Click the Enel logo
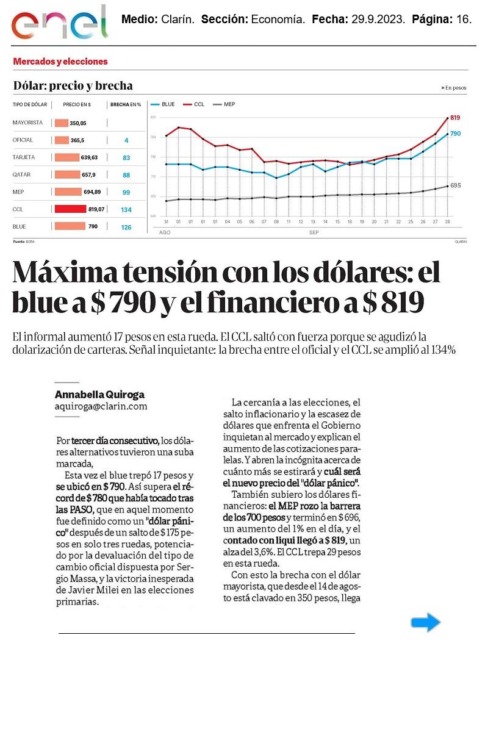pos(59,23)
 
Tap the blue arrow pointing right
pos(425,622)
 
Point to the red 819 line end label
pos(455,117)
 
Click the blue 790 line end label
pos(455,134)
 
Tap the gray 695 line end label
pos(455,185)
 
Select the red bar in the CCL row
pos(70,209)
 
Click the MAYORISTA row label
pos(27,123)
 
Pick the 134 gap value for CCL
pos(126,210)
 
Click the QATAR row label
pos(21,175)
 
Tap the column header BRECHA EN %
pos(126,105)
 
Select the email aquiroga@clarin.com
pos(101,406)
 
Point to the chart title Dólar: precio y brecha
pos(73,86)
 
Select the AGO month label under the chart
pos(165,233)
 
